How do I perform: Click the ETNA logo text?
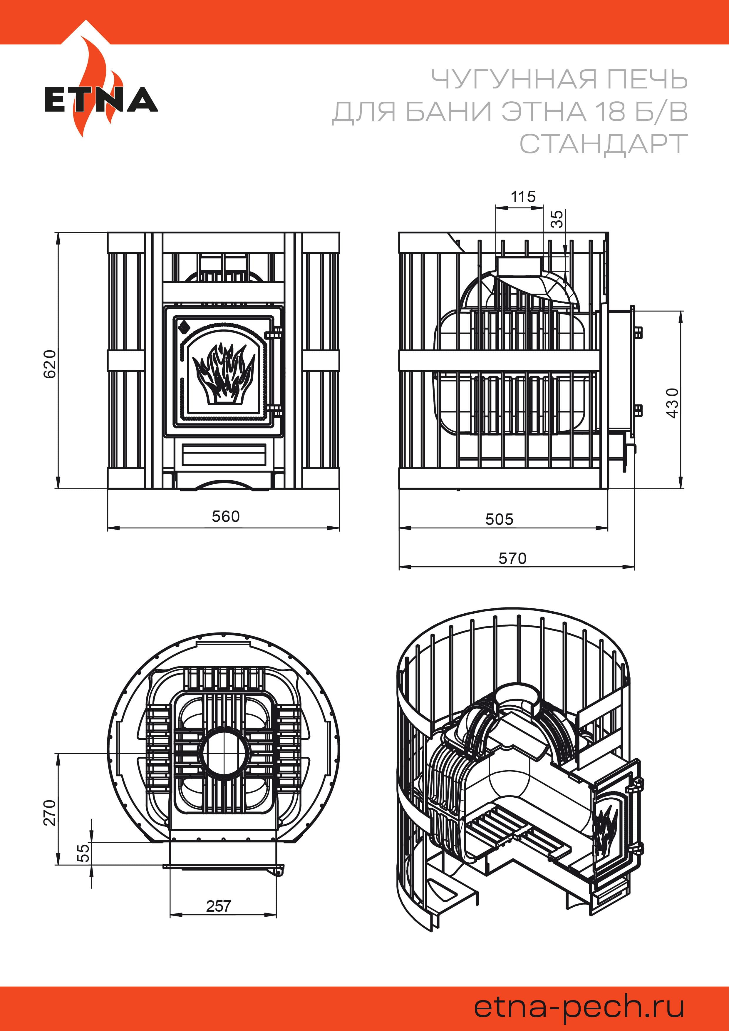[x=101, y=100]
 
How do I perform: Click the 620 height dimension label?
[x=50, y=364]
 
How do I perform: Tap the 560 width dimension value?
[x=226, y=516]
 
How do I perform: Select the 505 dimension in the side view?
[x=499, y=520]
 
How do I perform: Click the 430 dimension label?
[x=673, y=403]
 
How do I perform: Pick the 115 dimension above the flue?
[x=523, y=197]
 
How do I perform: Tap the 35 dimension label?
[x=556, y=219]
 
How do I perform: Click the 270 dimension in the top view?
[x=50, y=812]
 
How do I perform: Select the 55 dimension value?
[x=83, y=853]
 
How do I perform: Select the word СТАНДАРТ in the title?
[x=603, y=144]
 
